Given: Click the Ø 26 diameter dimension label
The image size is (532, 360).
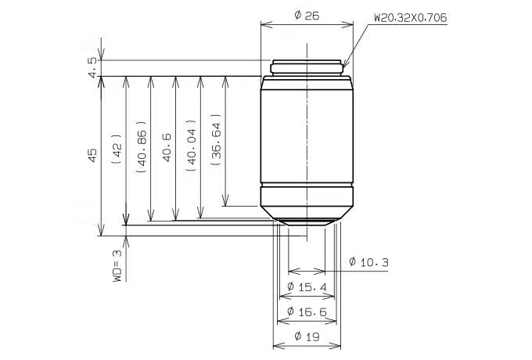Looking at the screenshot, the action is pos(307,16).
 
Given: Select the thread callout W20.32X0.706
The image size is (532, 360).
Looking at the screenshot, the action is pos(411,18).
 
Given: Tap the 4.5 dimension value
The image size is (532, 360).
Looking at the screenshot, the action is pos(92,68).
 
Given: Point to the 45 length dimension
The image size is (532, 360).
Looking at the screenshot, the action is pos(92,155).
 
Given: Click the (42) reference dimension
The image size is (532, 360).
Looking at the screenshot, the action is pos(117,149).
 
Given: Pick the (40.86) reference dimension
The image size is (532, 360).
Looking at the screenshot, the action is pos(142,147).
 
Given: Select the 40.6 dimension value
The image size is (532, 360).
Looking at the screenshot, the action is pos(167,147).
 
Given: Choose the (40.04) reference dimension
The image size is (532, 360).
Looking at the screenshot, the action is pos(192,146).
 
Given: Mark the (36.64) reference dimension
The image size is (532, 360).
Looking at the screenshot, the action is pos(217,140).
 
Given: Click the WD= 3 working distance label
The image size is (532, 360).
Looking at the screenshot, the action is pos(117,266).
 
